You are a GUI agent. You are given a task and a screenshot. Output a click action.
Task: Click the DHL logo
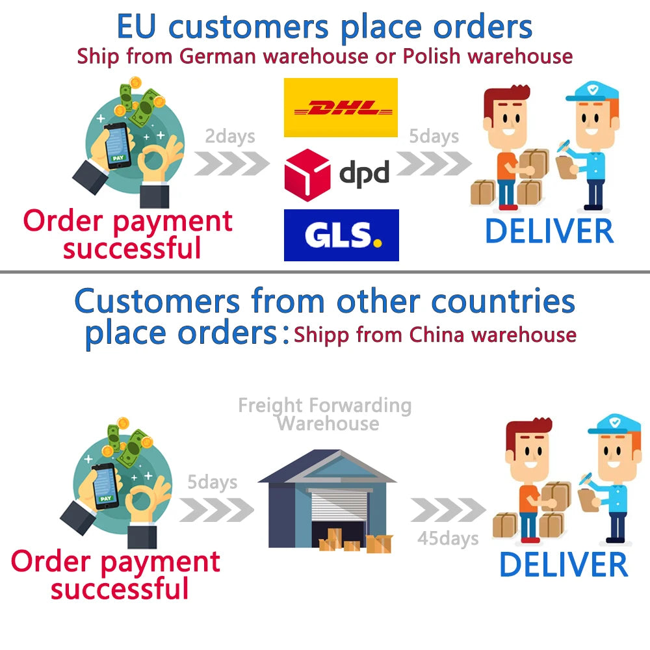coord(341,107)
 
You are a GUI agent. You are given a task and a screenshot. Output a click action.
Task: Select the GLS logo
coord(341,235)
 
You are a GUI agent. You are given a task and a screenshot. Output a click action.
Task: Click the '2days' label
coord(230,136)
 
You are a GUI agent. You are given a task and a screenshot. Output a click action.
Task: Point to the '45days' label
coord(448,538)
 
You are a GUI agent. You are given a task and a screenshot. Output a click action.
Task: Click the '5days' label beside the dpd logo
coord(434,136)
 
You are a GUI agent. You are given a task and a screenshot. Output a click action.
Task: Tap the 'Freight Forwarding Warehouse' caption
coord(325,415)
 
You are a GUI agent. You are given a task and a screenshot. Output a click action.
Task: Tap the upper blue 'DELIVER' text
coord(549,231)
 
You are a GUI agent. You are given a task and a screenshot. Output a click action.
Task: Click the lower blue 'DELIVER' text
coord(563,564)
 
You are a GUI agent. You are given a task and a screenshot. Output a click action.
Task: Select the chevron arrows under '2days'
coord(231,162)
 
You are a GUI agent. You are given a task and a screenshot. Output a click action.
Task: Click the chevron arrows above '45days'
coord(448,510)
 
